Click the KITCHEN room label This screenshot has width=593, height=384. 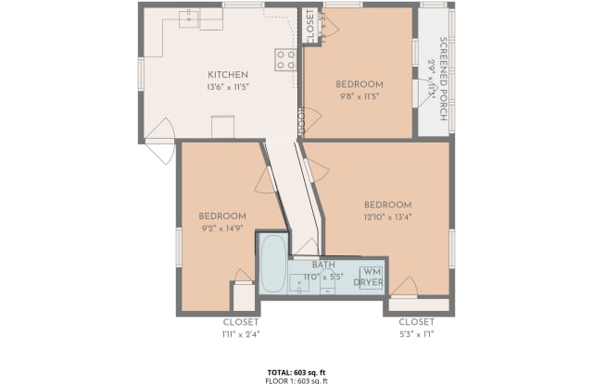226,75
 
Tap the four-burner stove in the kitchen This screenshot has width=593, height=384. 285,60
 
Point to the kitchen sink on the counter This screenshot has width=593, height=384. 190,16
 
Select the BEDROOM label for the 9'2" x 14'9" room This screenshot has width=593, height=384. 222,216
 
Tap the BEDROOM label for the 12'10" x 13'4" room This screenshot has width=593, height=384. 387,204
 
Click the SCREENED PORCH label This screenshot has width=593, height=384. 444,68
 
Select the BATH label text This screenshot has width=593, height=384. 323,265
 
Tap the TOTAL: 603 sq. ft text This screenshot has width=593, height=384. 296,370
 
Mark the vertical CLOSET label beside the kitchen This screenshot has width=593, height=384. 310,26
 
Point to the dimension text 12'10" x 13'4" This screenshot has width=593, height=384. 387,217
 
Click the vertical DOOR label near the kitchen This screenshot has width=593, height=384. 301,120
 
